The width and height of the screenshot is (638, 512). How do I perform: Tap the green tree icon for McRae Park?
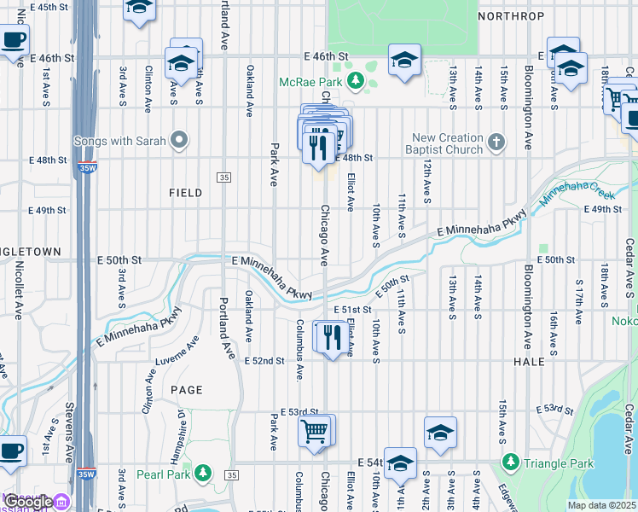click(x=350, y=82)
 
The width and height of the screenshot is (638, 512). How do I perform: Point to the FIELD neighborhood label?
click(x=185, y=193)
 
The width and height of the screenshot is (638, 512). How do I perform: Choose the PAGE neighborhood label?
click(x=187, y=390)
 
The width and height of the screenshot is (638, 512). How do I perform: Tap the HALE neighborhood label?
click(x=529, y=362)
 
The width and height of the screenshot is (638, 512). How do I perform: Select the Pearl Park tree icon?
click(x=202, y=472)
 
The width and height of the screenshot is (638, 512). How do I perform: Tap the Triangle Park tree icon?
click(x=510, y=463)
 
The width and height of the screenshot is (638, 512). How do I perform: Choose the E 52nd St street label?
click(x=264, y=361)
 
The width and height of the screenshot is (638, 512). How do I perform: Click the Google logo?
click(x=29, y=503)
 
